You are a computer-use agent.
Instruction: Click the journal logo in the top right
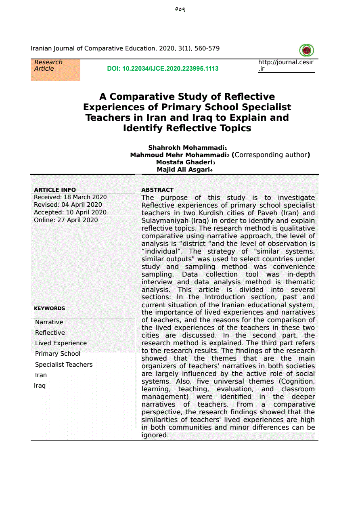point(307,50)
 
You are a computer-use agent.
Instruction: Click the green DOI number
point(163,69)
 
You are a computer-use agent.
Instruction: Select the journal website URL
point(286,65)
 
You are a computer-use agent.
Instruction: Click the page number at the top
point(180,9)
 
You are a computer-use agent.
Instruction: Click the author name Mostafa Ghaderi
point(184,162)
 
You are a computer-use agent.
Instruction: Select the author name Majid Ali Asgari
point(183,170)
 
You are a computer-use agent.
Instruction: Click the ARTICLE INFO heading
point(55,190)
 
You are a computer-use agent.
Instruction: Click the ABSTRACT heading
point(157,190)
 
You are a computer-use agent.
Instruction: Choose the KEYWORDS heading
point(49,309)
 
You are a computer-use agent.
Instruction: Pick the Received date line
point(70,197)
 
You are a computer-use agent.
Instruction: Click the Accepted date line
point(70,212)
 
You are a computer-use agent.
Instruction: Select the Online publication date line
point(66,220)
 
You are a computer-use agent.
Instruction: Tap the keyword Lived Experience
point(61,343)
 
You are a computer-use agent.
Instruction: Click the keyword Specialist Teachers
point(64,365)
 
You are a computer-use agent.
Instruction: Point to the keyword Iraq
point(40,386)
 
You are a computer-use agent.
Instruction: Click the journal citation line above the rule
point(125,48)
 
